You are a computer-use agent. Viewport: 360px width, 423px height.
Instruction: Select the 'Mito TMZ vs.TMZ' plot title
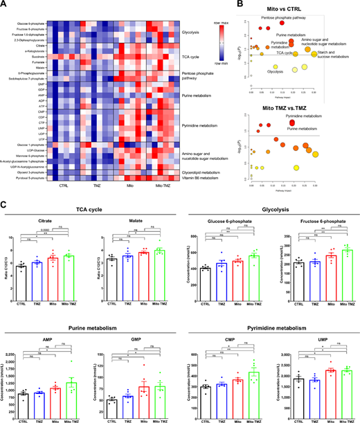pyautogui.click(x=283, y=107)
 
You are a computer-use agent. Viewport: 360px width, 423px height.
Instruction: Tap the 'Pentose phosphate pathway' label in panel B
pyautogui.click(x=285, y=16)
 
